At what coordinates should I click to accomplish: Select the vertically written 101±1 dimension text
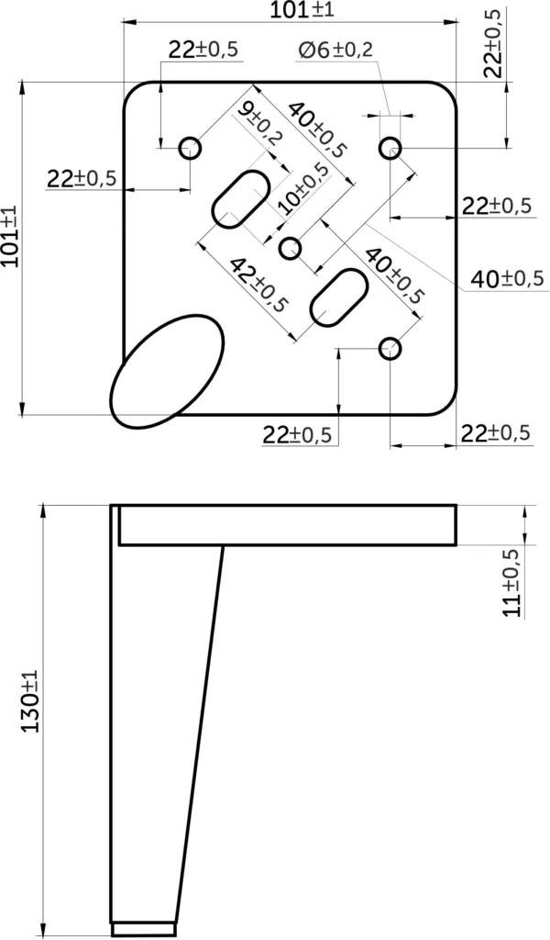tap(11, 235)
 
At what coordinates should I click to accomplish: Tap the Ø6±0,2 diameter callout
tap(335, 50)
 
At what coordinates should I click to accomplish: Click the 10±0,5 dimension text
tap(303, 189)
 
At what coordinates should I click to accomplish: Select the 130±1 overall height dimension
tap(30, 700)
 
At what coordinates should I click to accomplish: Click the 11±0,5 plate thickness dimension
tap(512, 582)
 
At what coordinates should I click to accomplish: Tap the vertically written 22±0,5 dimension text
tap(493, 44)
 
